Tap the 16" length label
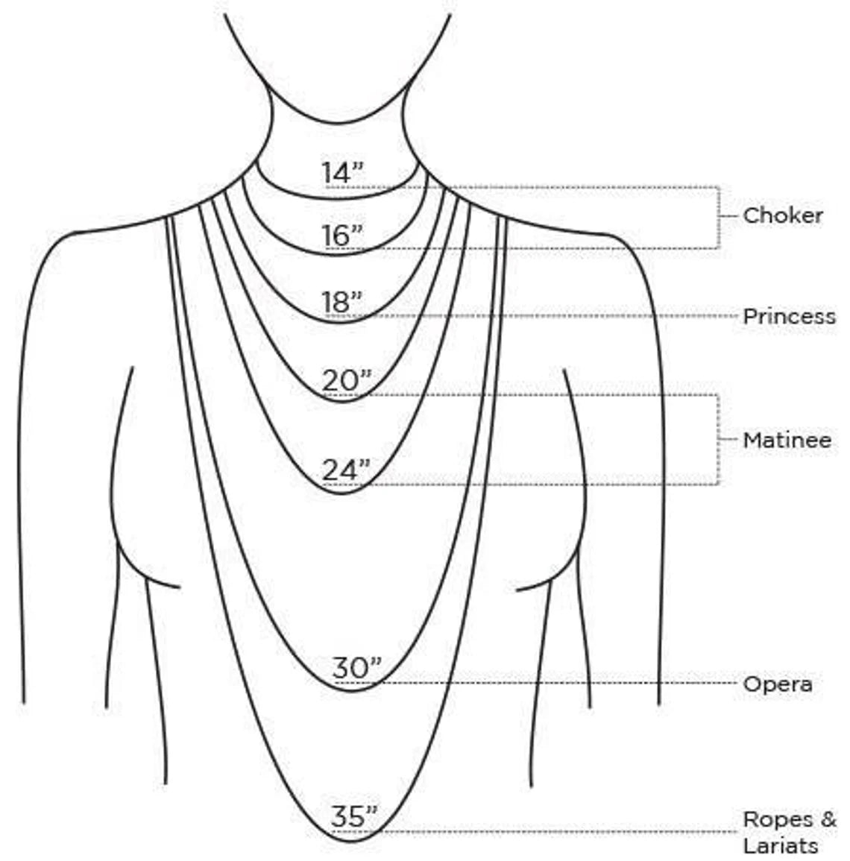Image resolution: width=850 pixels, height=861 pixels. coord(342,236)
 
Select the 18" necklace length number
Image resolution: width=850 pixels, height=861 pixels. coord(341,302)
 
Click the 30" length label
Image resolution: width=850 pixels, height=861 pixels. coord(356,668)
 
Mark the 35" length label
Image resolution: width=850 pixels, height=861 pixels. coord(355,816)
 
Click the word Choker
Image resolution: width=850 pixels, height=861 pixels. coord(782,215)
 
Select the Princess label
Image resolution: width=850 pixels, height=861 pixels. coord(789,316)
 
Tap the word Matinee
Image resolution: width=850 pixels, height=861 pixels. coord(787,440)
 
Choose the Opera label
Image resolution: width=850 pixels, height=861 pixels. coord(778,684)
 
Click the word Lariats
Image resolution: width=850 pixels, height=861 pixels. coord(780,845)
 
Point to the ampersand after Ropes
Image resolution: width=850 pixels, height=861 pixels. coord(828,819)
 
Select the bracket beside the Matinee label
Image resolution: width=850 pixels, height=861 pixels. coord(718,439)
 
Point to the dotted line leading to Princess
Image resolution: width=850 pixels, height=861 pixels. coord(549,316)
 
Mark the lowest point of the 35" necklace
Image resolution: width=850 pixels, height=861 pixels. coord(353,841)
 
